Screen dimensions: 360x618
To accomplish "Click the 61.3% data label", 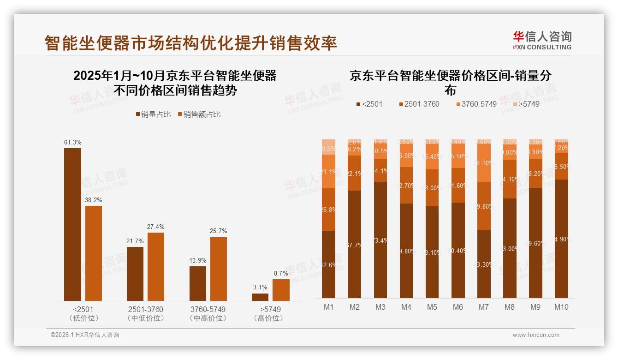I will point(72,143).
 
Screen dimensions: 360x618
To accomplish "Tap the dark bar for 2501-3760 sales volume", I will point(135,274).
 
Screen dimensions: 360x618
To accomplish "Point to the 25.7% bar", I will point(219,269).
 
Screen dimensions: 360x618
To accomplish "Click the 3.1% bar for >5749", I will point(260,297).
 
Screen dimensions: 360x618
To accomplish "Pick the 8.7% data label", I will point(281,274).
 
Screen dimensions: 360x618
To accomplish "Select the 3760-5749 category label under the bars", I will point(208,309).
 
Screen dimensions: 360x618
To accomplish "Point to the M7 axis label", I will point(483,307).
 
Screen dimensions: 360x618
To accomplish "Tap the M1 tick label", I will point(329,307).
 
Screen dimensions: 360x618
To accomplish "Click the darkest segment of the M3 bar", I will point(380,240).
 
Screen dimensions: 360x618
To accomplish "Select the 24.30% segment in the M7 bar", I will point(483,163).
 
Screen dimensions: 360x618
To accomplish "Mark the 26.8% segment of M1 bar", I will point(329,210).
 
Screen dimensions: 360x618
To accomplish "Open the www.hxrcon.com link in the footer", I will point(536,335).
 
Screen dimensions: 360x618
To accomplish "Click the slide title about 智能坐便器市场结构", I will point(191,43).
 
